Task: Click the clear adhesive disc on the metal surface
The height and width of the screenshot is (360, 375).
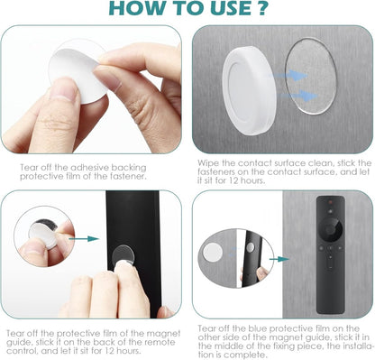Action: [310, 76]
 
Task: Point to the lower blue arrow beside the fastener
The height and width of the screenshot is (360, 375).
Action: [298, 96]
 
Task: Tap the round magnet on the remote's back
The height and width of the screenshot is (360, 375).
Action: [123, 255]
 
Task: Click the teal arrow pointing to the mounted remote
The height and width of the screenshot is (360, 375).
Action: [279, 259]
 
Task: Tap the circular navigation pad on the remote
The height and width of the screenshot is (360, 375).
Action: [331, 230]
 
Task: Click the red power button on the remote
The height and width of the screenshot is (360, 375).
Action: [330, 200]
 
